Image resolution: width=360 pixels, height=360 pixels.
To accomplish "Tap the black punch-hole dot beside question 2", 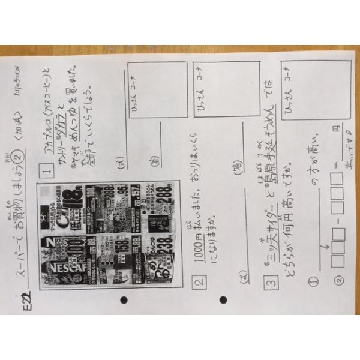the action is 224,299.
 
